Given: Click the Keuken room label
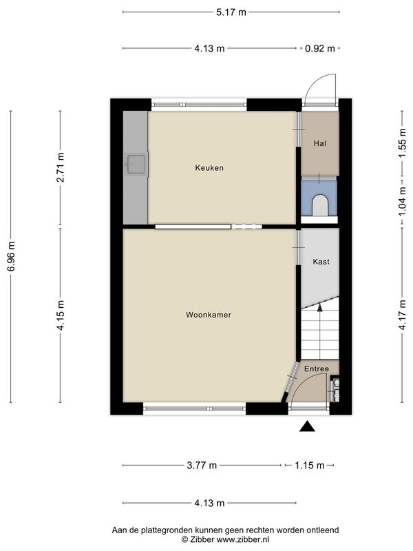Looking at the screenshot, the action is point(209,168).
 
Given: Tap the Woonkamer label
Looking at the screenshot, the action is point(209,315).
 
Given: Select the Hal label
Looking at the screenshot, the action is point(320,143).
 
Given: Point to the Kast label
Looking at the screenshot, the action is point(321,262).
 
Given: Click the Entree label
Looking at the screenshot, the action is point(317,368).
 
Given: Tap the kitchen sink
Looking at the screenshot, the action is point(136,164).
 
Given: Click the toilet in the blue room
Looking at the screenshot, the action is point(319,205).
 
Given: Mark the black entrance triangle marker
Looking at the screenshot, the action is point(307,426).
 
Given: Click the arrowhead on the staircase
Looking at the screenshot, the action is point(319,307).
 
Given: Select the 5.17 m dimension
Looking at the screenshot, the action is point(231,12).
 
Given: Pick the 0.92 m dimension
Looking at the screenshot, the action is point(320,48).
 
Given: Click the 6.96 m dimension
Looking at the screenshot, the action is point(12,256).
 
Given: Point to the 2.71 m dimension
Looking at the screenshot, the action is point(61,167).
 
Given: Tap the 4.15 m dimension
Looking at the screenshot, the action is point(61,315).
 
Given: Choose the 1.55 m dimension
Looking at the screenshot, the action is point(403,143).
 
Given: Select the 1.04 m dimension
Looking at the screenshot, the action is point(403,201).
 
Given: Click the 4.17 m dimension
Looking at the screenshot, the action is point(403,315).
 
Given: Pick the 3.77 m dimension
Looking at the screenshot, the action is point(202,466).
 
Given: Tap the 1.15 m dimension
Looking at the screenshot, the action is point(309,466).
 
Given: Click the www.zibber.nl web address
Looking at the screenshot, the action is point(242,539).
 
